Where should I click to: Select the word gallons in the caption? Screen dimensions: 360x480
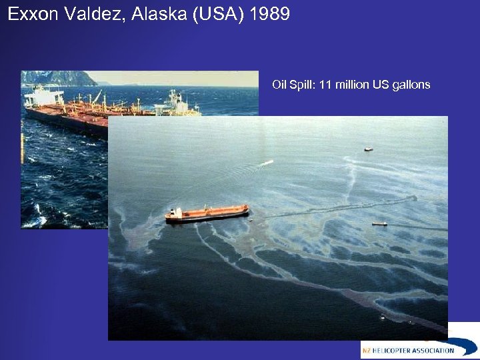[413, 85]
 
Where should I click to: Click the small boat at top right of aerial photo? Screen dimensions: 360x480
[369, 149]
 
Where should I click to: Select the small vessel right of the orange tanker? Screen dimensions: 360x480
[379, 224]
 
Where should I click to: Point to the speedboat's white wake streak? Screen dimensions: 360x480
[266, 163]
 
